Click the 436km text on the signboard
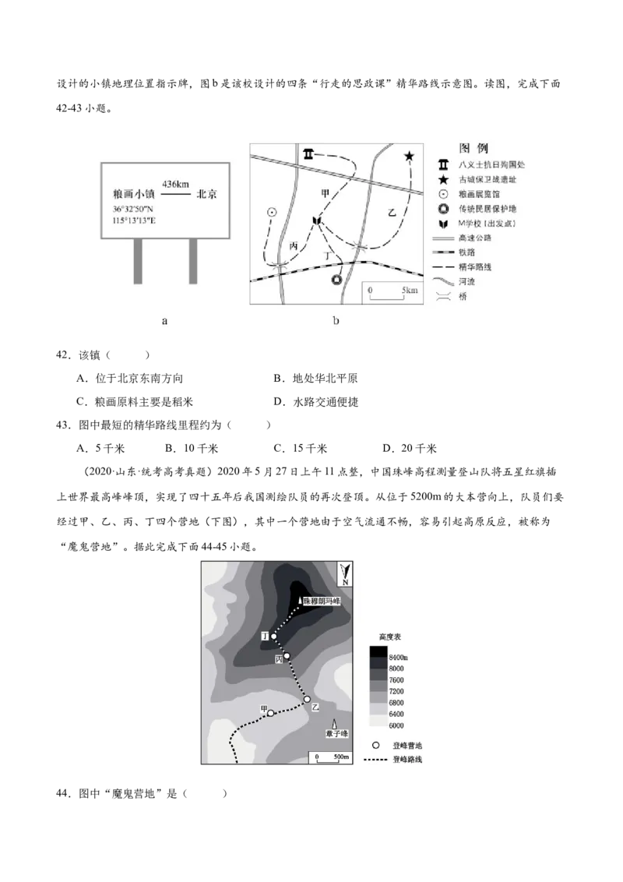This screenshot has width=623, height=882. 177,183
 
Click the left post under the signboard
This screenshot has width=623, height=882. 138,260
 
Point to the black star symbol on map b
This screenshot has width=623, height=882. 409,157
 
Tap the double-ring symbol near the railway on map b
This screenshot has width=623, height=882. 336,279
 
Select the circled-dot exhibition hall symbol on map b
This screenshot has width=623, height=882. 271,212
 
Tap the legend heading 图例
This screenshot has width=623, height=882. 473,148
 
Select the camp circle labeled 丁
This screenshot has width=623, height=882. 274,637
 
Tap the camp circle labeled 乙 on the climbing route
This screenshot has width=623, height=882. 308,699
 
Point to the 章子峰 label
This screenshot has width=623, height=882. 336,735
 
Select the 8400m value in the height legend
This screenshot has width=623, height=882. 399,658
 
